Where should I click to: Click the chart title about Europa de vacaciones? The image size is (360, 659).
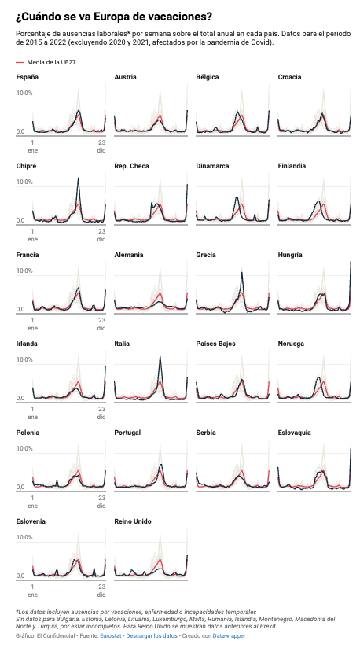pyautogui.click(x=113, y=16)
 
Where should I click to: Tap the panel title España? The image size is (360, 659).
pyautogui.click(x=27, y=77)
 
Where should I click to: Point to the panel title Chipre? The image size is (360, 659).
pyautogui.click(x=26, y=166)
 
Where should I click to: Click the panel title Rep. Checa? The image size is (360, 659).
pyautogui.click(x=131, y=166)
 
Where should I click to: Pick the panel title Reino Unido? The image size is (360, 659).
pyautogui.click(x=132, y=521)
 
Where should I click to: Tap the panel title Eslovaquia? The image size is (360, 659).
pyautogui.click(x=295, y=433)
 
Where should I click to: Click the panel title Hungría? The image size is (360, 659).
pyautogui.click(x=290, y=255)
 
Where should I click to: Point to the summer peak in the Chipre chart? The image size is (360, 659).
pyautogui.click(x=79, y=179)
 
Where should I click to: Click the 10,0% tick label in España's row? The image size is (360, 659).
pyautogui.click(x=25, y=93)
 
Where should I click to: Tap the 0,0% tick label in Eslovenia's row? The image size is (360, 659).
pyautogui.click(x=24, y=576)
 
